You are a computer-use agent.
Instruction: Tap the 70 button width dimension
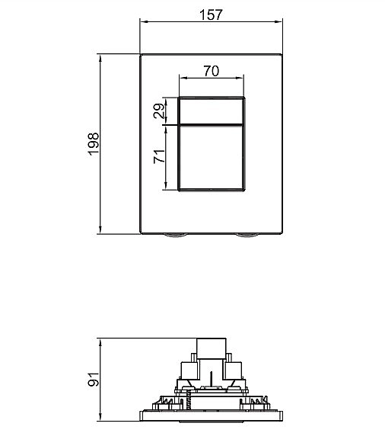click(x=212, y=72)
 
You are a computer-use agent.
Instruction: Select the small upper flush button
click(x=212, y=111)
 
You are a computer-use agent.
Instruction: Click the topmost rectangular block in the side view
click(x=211, y=348)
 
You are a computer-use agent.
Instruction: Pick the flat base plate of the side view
click(x=211, y=416)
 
